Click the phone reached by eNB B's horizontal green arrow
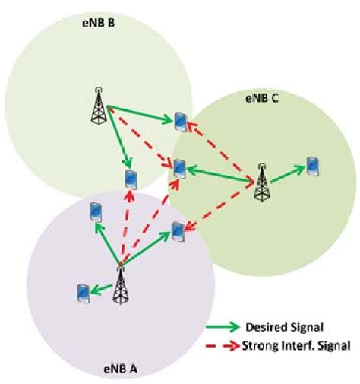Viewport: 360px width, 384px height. coord(180,121)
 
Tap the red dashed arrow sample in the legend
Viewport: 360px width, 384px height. coord(223,345)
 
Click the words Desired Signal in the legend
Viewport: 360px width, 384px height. coord(277,328)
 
